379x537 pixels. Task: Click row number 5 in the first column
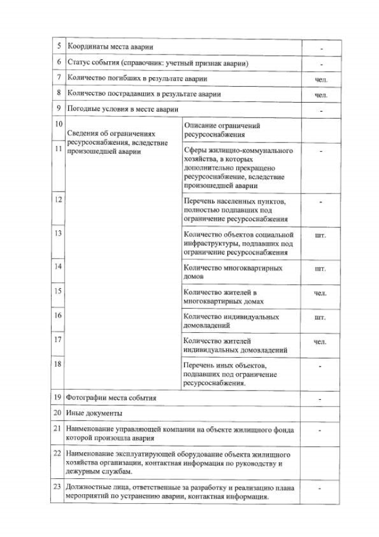58,46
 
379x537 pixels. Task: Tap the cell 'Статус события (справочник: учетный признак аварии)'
157,62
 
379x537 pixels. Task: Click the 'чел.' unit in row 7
320,79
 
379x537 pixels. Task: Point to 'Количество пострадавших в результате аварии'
144,93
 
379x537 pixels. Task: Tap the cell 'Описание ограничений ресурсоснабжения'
222,130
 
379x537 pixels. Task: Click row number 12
58,200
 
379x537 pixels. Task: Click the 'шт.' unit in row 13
320,235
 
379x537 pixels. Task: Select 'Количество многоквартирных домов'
233,272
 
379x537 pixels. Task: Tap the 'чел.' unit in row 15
320,293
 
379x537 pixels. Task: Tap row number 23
58,488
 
